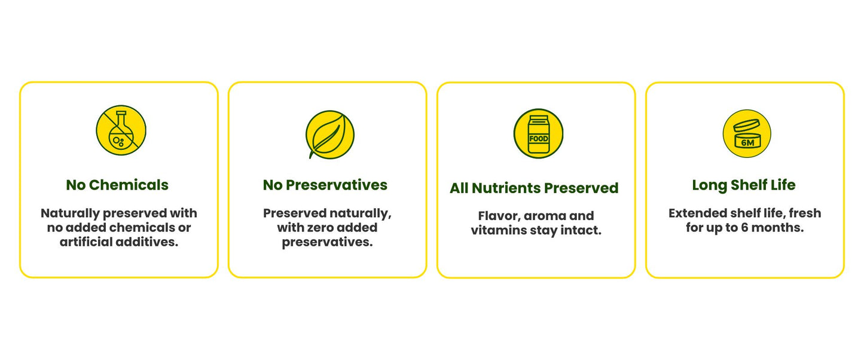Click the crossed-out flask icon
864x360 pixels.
pyautogui.click(x=121, y=130)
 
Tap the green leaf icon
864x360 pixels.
pyautogui.click(x=330, y=135)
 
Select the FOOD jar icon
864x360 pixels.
pyautogui.click(x=539, y=133)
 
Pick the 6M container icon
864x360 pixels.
pyautogui.click(x=747, y=133)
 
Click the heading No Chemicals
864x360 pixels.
pyautogui.click(x=117, y=185)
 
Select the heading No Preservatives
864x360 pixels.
pyautogui.click(x=325, y=185)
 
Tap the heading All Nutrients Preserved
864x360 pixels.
pyautogui.click(x=534, y=188)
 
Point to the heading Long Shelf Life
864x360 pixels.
pyautogui.click(x=744, y=185)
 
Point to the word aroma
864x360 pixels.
pyautogui.click(x=542, y=216)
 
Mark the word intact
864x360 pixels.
pyautogui.click(x=581, y=230)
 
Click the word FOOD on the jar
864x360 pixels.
pyautogui.click(x=539, y=139)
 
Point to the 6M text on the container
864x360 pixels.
pyautogui.click(x=747, y=143)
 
